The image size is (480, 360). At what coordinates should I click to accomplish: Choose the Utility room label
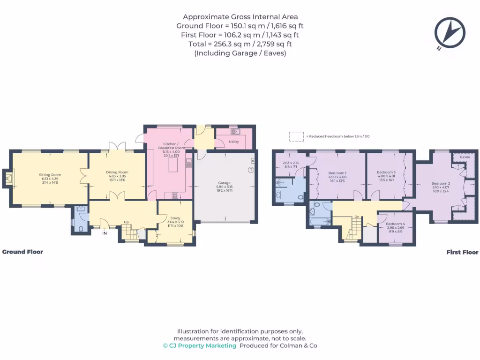coord(234,141)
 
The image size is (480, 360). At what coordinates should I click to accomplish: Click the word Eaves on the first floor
coord(465,157)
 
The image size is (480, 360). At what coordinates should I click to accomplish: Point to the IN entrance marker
coord(105,232)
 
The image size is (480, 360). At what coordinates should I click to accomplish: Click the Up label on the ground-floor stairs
coord(126,222)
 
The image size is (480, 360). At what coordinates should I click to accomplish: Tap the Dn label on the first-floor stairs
coord(357,217)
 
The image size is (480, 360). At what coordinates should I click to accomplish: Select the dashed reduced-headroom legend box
coord(296,136)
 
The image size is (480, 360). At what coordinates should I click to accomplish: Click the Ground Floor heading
coord(22,252)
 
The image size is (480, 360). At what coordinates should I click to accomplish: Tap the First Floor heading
coord(462,252)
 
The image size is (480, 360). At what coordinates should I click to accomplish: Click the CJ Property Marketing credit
coord(200,345)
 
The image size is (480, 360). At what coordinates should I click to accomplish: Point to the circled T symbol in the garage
coord(251,169)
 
